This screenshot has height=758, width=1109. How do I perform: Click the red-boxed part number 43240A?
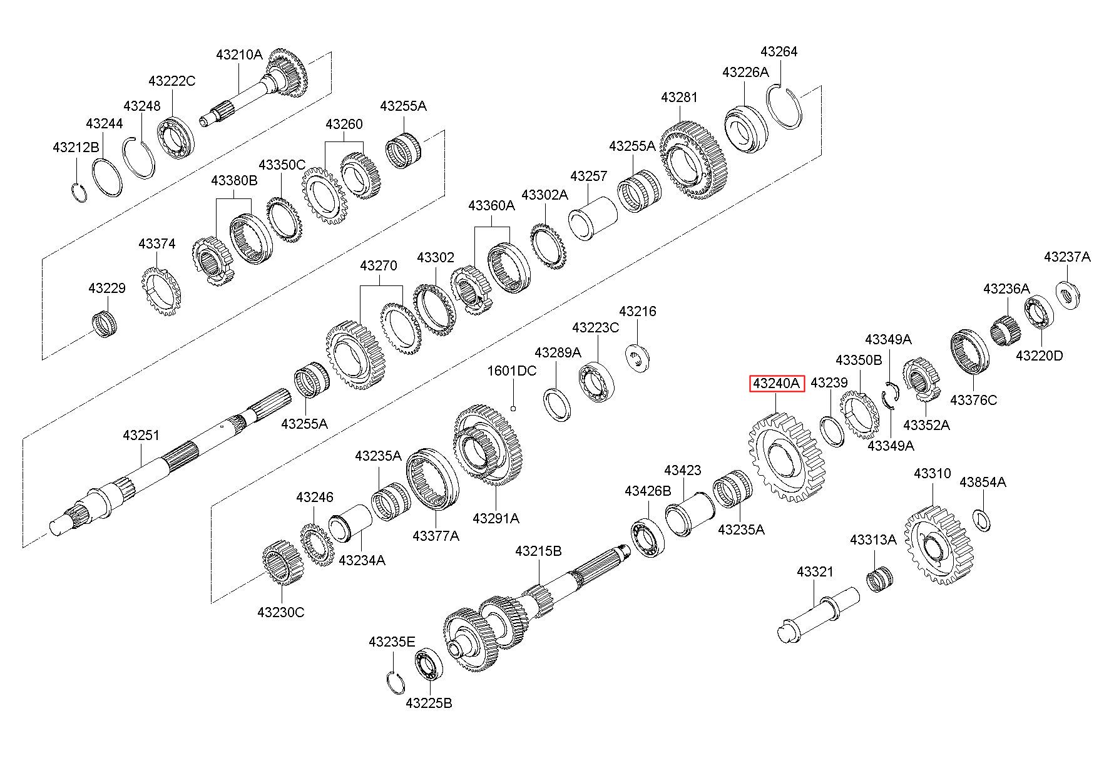[777, 383]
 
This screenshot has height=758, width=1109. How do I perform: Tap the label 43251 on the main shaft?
[141, 435]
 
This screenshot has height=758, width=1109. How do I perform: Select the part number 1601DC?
[512, 371]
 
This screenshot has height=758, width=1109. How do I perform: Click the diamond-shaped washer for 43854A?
[983, 520]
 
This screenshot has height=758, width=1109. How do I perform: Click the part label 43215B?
[539, 551]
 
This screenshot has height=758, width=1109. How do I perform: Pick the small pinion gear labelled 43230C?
[279, 564]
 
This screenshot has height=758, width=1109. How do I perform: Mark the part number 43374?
[157, 244]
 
